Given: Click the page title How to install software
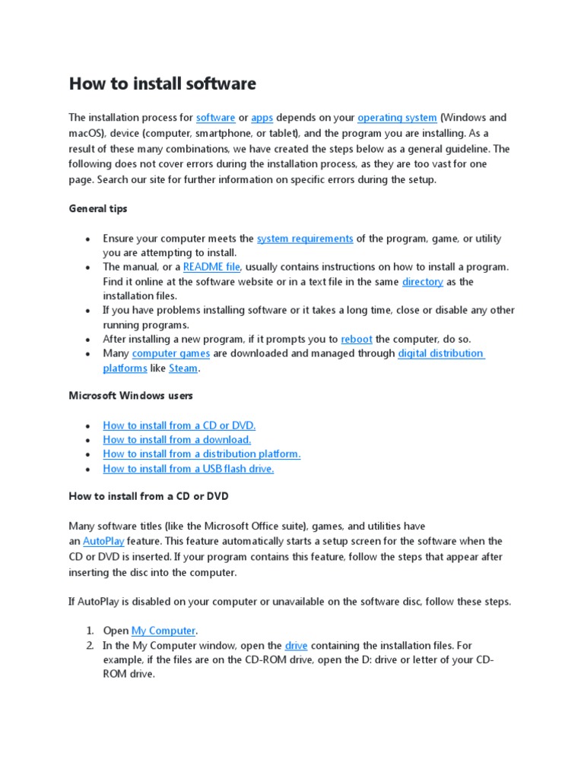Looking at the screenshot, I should [162, 84].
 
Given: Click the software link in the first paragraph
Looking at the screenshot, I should [215, 118].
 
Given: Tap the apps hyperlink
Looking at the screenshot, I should [262, 118].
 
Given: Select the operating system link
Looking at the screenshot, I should [397, 118].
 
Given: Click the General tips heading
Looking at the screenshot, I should [98, 208].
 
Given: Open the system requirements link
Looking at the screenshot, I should [304, 239].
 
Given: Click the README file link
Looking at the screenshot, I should [211, 267].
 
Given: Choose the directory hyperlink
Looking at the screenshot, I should [422, 282].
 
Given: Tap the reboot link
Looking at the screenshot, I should [357, 340].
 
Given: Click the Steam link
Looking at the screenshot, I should [182, 368].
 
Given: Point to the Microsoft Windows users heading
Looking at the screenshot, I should [131, 396].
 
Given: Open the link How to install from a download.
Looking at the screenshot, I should [176, 440].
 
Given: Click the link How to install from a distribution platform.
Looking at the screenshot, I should [202, 454].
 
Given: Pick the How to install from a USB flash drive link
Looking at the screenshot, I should [188, 469].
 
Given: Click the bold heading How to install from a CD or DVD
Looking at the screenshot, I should [148, 496].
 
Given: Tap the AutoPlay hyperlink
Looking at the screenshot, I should [103, 542].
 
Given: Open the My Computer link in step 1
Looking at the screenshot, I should [163, 631].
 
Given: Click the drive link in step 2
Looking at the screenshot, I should [296, 646].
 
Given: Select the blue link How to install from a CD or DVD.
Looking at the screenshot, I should [179, 425].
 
